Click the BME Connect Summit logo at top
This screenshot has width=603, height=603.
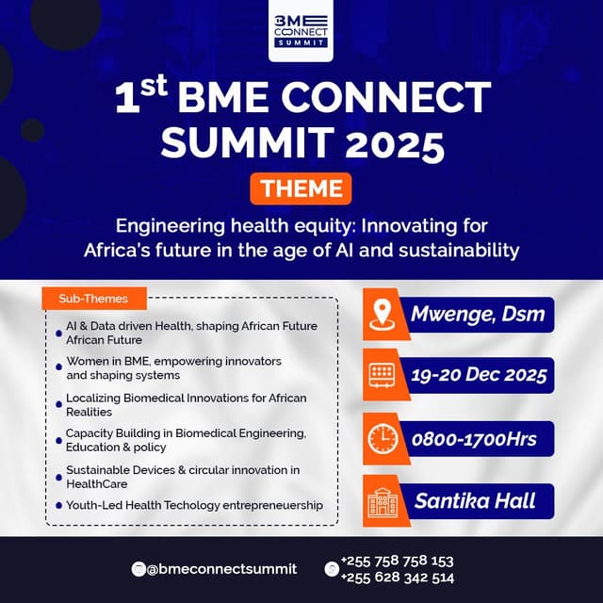pos(301,31)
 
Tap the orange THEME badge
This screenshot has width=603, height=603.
pos(301,188)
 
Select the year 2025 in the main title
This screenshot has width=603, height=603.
pos(395,143)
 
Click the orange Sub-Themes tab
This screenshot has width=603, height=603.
pos(94,299)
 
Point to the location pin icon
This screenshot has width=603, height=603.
pos(382,315)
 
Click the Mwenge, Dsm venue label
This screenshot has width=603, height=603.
pos(478,315)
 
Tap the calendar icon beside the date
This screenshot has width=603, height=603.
pos(382,375)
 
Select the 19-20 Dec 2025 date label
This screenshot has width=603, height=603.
pos(479,375)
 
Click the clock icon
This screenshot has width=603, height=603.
pos(383,438)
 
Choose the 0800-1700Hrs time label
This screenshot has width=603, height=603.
pos(474,439)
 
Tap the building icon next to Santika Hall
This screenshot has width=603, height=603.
pos(382,502)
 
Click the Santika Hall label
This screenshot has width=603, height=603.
pos(475,501)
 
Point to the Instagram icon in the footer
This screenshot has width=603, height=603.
pos(139,569)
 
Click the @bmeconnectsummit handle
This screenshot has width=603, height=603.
pos(222,569)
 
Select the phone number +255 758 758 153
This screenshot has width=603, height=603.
pos(398,562)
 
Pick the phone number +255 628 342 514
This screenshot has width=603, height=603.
pos(398,578)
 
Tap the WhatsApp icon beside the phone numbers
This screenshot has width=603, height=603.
pos(332,569)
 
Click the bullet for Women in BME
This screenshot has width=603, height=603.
pos(58,367)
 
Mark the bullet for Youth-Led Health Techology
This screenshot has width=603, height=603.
pos(58,505)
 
